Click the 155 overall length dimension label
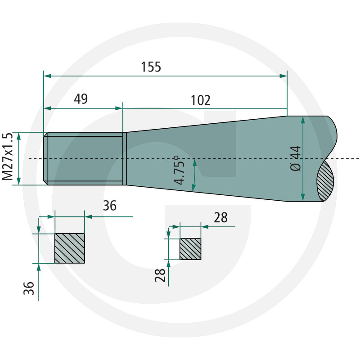[151, 67]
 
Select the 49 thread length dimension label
[81, 99]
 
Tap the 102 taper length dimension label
[200, 100]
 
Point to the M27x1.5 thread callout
[7, 157]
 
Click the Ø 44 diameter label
[296, 158]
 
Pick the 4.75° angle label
[179, 170]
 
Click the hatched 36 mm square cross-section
[70, 248]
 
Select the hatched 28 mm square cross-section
[190, 249]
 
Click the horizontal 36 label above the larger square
[110, 206]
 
